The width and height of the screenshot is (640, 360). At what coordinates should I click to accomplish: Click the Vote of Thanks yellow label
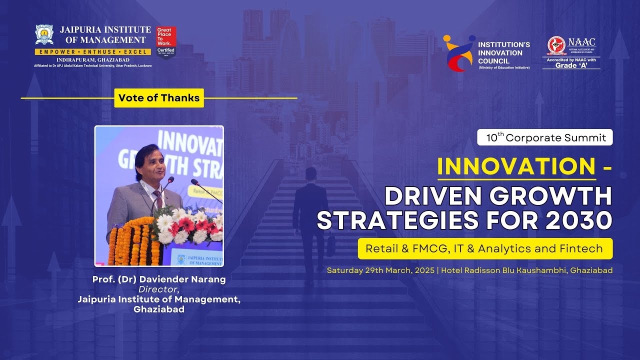[159, 98]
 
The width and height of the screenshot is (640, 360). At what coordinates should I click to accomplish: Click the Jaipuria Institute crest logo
[44, 35]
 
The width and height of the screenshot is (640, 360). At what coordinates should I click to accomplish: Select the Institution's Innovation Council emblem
[458, 52]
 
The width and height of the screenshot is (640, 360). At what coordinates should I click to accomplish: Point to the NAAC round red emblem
[556, 45]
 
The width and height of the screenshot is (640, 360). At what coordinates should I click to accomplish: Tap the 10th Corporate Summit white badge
[545, 137]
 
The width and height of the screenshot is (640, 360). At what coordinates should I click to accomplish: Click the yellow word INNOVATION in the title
[516, 167]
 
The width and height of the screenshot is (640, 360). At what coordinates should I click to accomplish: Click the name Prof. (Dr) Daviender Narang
[159, 279]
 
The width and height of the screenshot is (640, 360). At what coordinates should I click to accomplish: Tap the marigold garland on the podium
[131, 240]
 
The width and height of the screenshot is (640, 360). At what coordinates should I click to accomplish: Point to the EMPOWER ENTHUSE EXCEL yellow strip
[92, 52]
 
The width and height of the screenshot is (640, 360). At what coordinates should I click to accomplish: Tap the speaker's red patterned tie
[158, 199]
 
